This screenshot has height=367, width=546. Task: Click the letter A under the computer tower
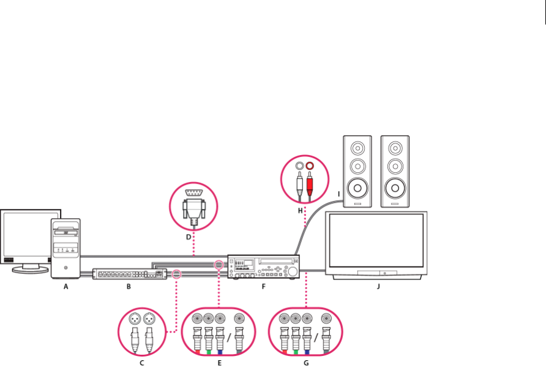pyautogui.click(x=65, y=287)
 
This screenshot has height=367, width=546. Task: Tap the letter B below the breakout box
pyautogui.click(x=129, y=287)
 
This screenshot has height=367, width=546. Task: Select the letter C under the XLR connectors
pyautogui.click(x=142, y=363)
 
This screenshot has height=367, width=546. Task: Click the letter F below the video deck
pyautogui.click(x=264, y=287)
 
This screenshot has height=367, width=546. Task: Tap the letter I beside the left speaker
pyautogui.click(x=338, y=194)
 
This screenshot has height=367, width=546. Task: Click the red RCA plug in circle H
pyautogui.click(x=310, y=181)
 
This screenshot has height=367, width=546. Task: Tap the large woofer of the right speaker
pyautogui.click(x=395, y=187)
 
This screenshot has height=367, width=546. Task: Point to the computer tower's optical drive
pyautogui.click(x=65, y=233)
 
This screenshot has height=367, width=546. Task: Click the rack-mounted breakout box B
pyautogui.click(x=129, y=274)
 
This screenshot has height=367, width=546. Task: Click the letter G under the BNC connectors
pyautogui.click(x=307, y=363)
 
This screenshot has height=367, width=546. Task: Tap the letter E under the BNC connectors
pyautogui.click(x=219, y=363)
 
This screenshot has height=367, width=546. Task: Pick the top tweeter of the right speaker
pyautogui.click(x=395, y=148)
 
